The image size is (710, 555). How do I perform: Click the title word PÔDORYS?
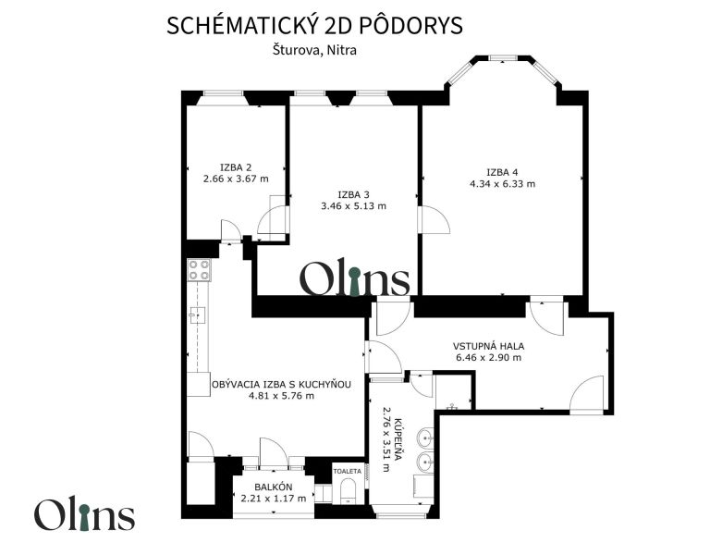click(x=410, y=25)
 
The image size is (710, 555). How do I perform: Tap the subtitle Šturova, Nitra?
click(x=314, y=50)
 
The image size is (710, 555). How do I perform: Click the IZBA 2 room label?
click(x=236, y=166)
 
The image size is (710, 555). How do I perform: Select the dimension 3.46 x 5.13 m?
click(x=354, y=206)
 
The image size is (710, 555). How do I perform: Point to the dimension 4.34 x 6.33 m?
click(x=503, y=184)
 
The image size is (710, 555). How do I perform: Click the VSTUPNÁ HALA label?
click(x=488, y=346)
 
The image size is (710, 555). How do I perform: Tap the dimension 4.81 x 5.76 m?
click(x=282, y=396)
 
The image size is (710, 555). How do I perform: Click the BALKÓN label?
click(x=274, y=487)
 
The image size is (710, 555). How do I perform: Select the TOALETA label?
click(x=348, y=472)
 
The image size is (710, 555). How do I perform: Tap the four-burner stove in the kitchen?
click(x=200, y=270)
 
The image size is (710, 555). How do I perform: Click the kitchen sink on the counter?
click(x=198, y=314)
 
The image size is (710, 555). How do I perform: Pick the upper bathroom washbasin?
click(x=425, y=438)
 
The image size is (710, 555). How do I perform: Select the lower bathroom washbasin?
click(x=425, y=462)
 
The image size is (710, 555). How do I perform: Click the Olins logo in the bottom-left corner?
click(x=85, y=514)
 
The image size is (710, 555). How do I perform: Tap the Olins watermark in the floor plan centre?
click(x=355, y=280)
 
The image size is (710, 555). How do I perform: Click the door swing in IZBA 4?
click(x=435, y=220)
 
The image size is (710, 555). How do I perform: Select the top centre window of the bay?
click(x=503, y=57)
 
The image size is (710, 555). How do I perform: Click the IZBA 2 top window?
click(x=223, y=93)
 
